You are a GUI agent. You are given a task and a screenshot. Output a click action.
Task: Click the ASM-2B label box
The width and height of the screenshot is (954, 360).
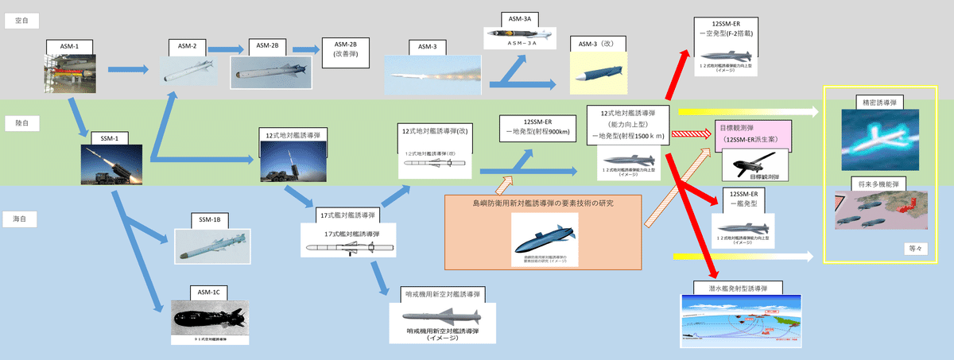[262, 47]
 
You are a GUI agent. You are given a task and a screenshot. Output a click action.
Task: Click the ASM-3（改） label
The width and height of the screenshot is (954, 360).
[598, 43]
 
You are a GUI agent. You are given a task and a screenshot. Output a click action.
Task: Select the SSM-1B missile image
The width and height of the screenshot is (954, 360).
[211, 247]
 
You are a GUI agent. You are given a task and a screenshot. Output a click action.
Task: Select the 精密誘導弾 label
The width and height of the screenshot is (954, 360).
[878, 102]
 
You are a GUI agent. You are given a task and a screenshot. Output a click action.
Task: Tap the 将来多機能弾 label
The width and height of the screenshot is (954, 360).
[878, 182]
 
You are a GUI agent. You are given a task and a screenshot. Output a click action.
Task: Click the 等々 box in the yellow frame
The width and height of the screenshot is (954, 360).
[911, 248]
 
